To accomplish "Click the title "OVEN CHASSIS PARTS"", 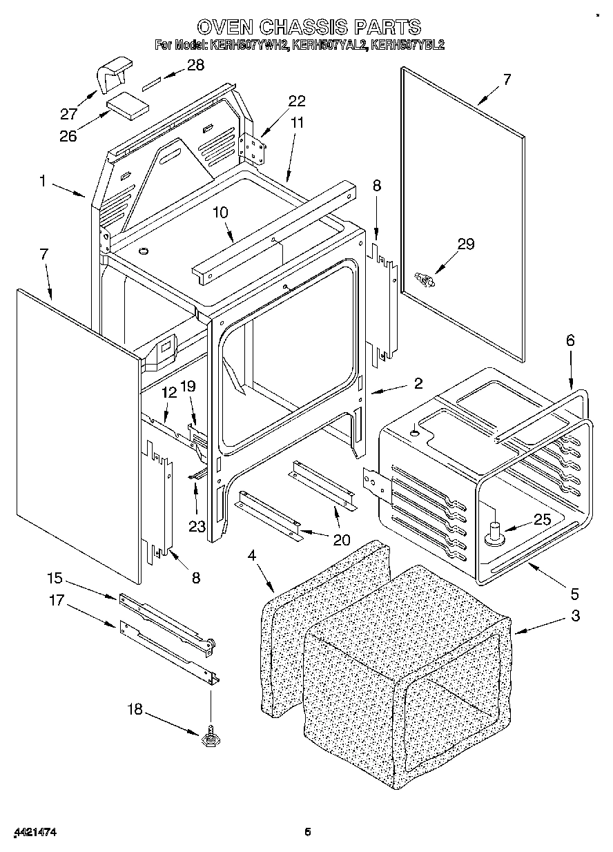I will point(309,27).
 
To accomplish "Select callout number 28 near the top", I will point(195,66).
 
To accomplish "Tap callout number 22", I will point(296,101).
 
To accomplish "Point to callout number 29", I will point(466,244).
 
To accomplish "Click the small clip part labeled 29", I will point(424,279).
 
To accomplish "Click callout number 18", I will point(136,709).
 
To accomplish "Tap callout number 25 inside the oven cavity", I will point(543,520).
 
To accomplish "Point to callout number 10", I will point(220,213).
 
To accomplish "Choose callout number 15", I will point(55,578).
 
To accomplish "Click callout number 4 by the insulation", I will point(252,554).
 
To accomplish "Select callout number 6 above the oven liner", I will point(570,340).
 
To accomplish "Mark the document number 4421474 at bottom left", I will point(34,833).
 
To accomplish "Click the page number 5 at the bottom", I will point(309,832).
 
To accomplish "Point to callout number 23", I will point(197,526).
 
